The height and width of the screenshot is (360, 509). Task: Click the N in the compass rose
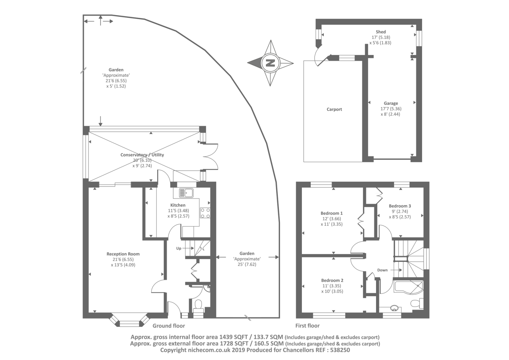point(270,63)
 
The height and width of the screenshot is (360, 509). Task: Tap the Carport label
point(334,109)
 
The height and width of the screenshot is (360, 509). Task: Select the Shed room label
point(380,32)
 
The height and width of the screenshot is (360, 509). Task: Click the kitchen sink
point(186,193)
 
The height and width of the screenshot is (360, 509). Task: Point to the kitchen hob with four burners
point(205,213)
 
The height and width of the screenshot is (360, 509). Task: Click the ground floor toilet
point(199,307)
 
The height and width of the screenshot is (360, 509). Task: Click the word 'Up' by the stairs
point(179,248)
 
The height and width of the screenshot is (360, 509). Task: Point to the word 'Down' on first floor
point(382,270)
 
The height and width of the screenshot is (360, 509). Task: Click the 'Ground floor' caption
point(169,326)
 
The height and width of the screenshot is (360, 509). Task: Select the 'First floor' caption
point(307,326)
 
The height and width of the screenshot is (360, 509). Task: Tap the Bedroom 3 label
point(400,206)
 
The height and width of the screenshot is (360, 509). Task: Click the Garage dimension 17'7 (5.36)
point(391,109)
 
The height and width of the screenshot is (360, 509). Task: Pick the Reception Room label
point(123,254)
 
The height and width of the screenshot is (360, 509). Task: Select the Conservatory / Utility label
point(142,155)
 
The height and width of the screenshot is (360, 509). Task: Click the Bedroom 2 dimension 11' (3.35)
point(332,286)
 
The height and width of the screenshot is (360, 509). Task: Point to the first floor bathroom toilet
point(417,303)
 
